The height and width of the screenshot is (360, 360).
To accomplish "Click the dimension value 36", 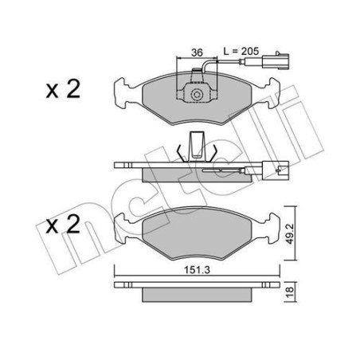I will click(185, 53).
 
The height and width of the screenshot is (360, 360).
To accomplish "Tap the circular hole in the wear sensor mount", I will click(195, 96).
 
